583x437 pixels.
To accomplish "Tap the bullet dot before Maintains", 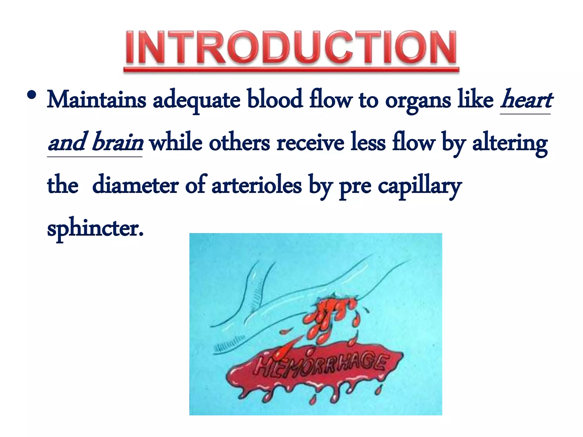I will [32, 95].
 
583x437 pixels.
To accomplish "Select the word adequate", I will [196, 100].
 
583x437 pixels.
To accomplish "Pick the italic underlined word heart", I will [526, 100].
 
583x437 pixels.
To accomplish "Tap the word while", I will [176, 142].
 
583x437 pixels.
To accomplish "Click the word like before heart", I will [475, 100].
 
